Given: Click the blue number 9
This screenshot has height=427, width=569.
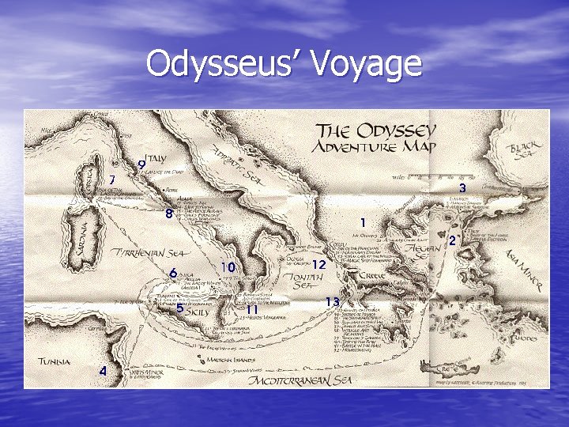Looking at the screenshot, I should pyautogui.click(x=141, y=165).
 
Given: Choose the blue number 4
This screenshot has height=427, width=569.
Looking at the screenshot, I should pyautogui.click(x=102, y=371).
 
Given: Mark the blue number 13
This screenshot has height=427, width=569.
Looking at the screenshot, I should pyautogui.click(x=333, y=302).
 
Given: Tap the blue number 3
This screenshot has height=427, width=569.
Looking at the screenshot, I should pyautogui.click(x=462, y=187).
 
